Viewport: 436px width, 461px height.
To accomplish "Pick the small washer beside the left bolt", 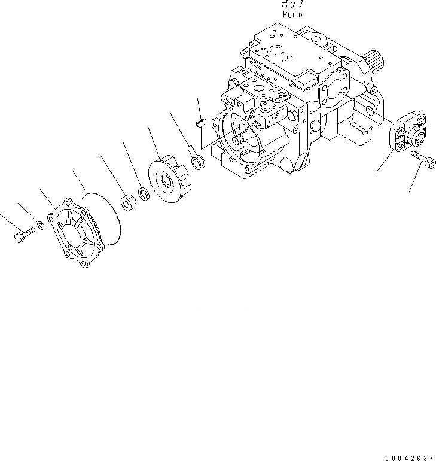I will point(39,225).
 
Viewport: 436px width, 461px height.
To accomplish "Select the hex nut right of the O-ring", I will point(128,202).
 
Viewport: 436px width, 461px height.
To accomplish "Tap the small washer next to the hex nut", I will point(144,193).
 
